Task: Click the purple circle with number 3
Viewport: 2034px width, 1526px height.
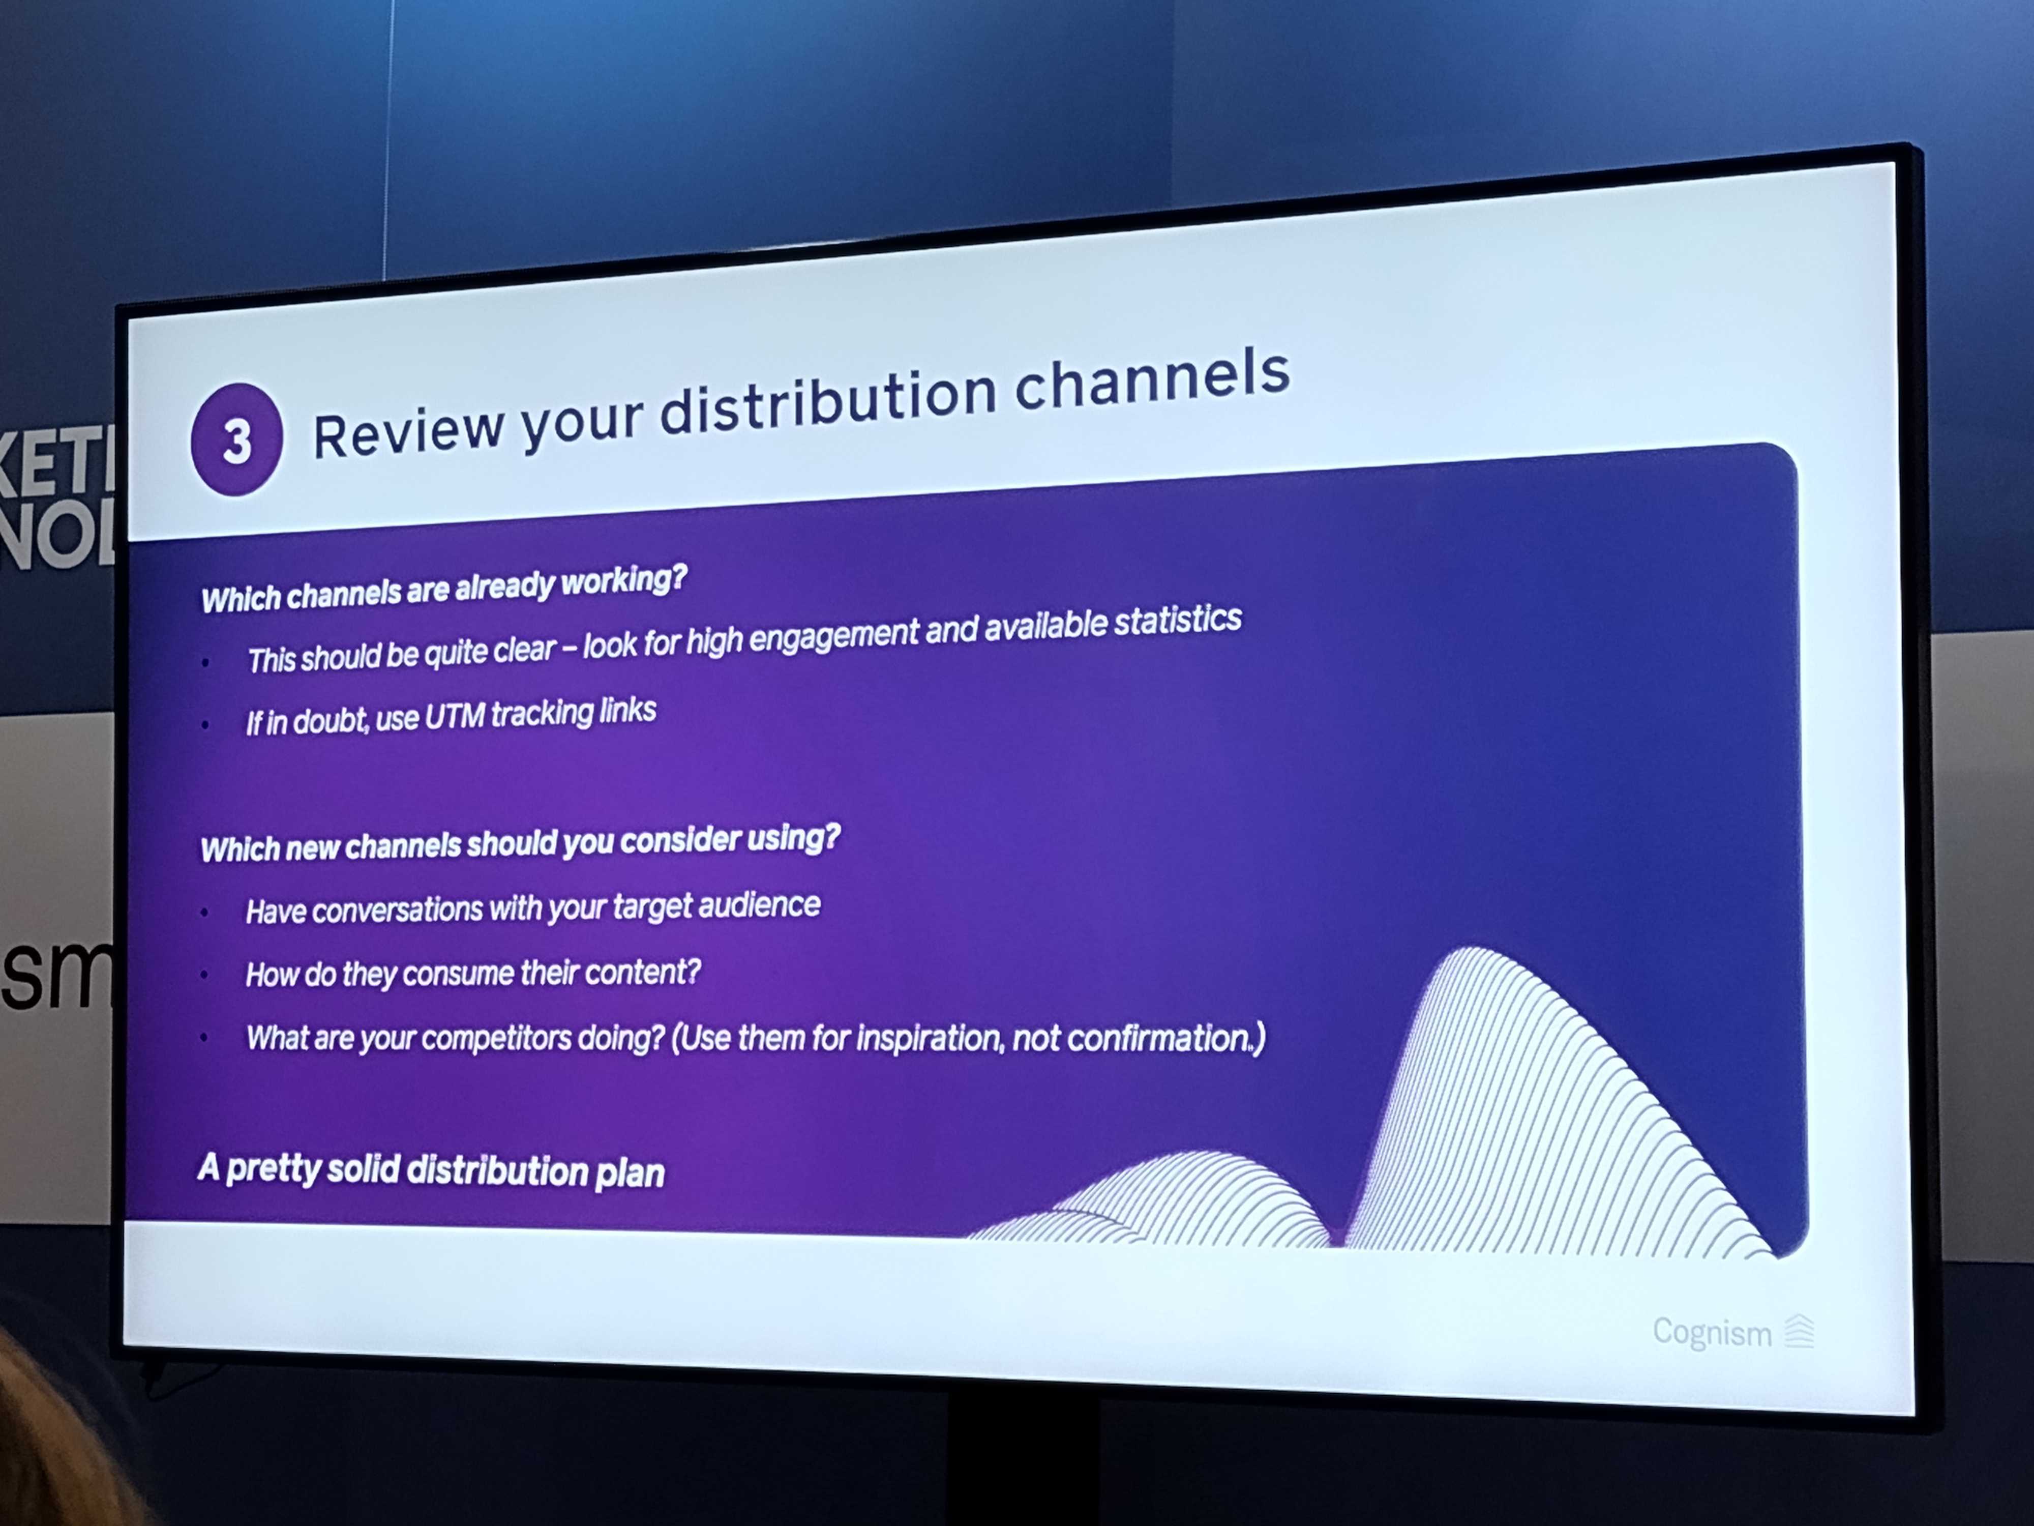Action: [236, 439]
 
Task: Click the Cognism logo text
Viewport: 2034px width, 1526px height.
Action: [1711, 1332]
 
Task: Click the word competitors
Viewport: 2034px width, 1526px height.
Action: [496, 1038]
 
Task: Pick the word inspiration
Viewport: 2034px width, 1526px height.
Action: [929, 1038]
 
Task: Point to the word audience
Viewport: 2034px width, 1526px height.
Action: [759, 905]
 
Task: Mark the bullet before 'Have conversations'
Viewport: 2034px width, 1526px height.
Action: [204, 913]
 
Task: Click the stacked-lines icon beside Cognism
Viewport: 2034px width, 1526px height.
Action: [1800, 1332]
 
